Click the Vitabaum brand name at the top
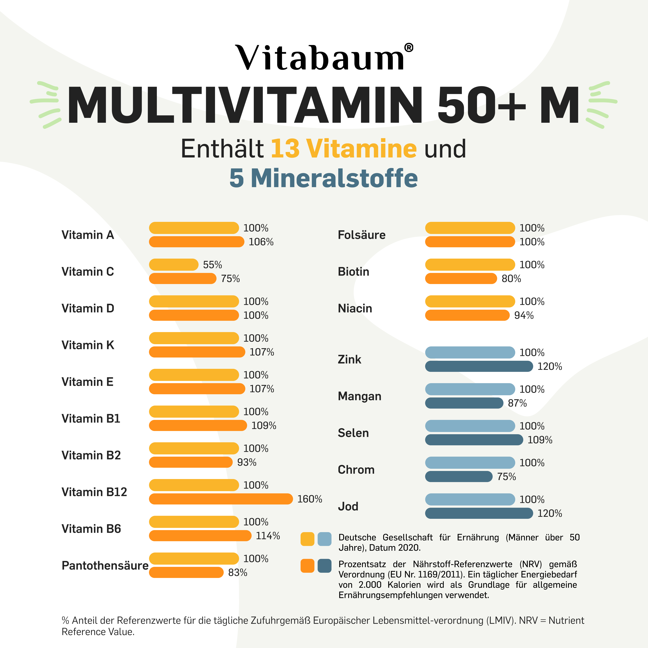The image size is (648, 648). [320, 58]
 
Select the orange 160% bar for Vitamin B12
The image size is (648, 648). [221, 499]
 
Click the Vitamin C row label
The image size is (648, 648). [88, 271]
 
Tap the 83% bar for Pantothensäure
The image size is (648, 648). [186, 573]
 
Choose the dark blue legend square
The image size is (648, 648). [324, 566]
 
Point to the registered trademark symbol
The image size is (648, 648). [409, 48]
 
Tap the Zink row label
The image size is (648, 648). [349, 359]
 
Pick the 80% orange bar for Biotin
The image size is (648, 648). [461, 278]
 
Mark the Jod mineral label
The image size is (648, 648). [348, 506]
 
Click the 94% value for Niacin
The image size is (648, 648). [524, 315]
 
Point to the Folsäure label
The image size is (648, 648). [362, 235]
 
